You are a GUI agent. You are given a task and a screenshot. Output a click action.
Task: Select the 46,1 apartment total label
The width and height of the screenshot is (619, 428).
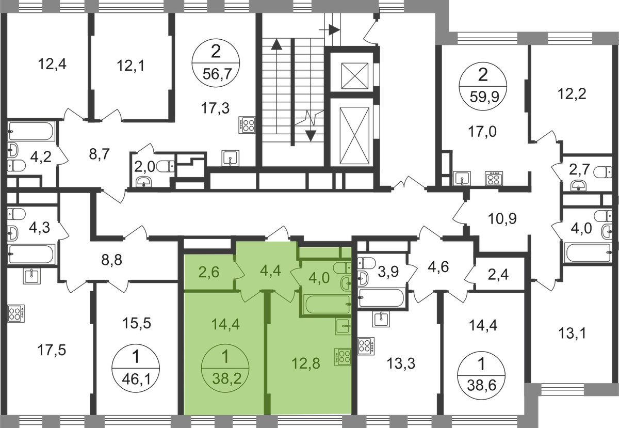tap(137, 379)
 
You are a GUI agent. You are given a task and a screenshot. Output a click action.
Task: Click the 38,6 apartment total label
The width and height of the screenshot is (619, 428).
tap(482, 385)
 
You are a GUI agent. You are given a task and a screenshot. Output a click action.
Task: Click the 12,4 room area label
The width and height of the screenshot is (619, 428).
tap(52, 64)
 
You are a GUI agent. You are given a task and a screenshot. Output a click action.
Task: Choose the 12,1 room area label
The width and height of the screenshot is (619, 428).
tap(131, 66)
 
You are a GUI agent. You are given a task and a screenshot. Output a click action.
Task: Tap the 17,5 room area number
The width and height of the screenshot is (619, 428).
tap(52, 350)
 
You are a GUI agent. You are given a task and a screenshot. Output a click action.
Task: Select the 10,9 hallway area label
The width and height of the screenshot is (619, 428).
tap(502, 218)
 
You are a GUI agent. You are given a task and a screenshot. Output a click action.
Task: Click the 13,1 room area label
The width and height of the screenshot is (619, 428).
tap(572, 333)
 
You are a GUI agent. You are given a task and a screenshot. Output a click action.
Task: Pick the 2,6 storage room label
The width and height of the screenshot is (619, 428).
tap(209, 272)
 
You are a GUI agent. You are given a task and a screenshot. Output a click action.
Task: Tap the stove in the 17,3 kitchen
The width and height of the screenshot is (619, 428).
tap(247, 125)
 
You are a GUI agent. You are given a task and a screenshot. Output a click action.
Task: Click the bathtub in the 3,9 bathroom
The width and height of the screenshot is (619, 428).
tap(381, 298)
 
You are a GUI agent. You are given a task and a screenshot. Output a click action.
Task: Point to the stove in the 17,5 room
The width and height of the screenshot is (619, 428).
tap(16, 313)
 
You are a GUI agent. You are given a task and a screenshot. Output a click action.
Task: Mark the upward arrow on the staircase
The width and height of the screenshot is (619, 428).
tap(276, 44)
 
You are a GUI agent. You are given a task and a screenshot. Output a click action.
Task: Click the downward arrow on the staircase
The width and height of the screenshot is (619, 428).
tap(311, 136)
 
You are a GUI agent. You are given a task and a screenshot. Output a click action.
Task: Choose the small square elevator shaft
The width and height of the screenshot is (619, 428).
tap(355, 76)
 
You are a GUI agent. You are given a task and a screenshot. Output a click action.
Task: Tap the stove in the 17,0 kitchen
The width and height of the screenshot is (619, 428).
tap(494, 179)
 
